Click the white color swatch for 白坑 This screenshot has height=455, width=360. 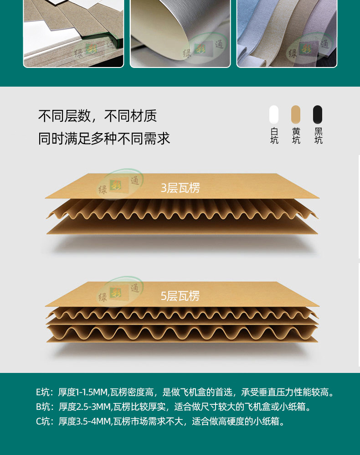pos(274,114)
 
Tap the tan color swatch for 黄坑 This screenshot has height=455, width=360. pos(296,114)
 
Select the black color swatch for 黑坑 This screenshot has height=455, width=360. pos(318,114)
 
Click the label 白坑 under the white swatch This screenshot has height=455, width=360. pos(274,136)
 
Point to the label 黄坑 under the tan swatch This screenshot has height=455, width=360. pos(296,136)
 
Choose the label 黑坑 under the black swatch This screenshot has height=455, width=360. pos(318,136)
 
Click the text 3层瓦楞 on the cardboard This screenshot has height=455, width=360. pos(180,188)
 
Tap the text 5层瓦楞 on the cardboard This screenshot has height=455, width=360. pos(180,296)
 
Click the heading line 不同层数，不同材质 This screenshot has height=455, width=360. pos(98,116)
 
